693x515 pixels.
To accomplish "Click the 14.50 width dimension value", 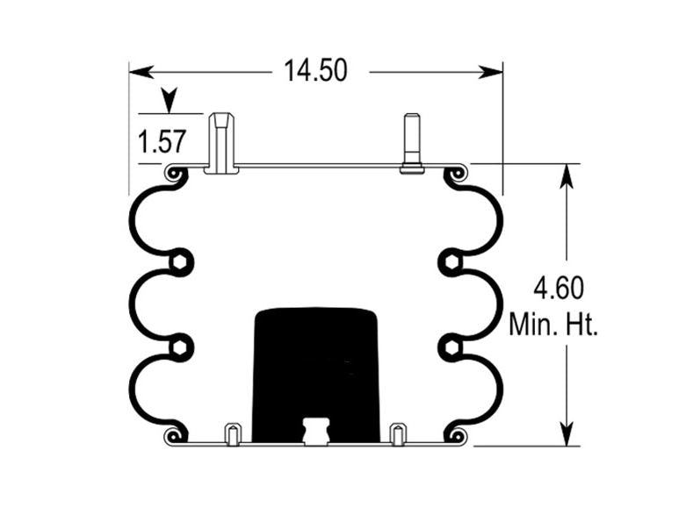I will coord(314,70).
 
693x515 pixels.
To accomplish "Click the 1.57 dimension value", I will coord(162,140).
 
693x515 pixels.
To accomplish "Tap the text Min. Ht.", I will coord(553,325).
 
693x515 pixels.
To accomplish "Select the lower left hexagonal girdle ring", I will coord(180,347).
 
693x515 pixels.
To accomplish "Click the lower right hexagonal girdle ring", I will coord(451,347).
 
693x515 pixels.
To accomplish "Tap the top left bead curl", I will coord(176,175).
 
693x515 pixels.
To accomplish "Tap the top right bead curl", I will coord(457,175).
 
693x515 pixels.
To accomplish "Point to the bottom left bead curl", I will coord(176,434).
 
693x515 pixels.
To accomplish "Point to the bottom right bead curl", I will coord(456,434).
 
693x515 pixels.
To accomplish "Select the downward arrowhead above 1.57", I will coord(166,99).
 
